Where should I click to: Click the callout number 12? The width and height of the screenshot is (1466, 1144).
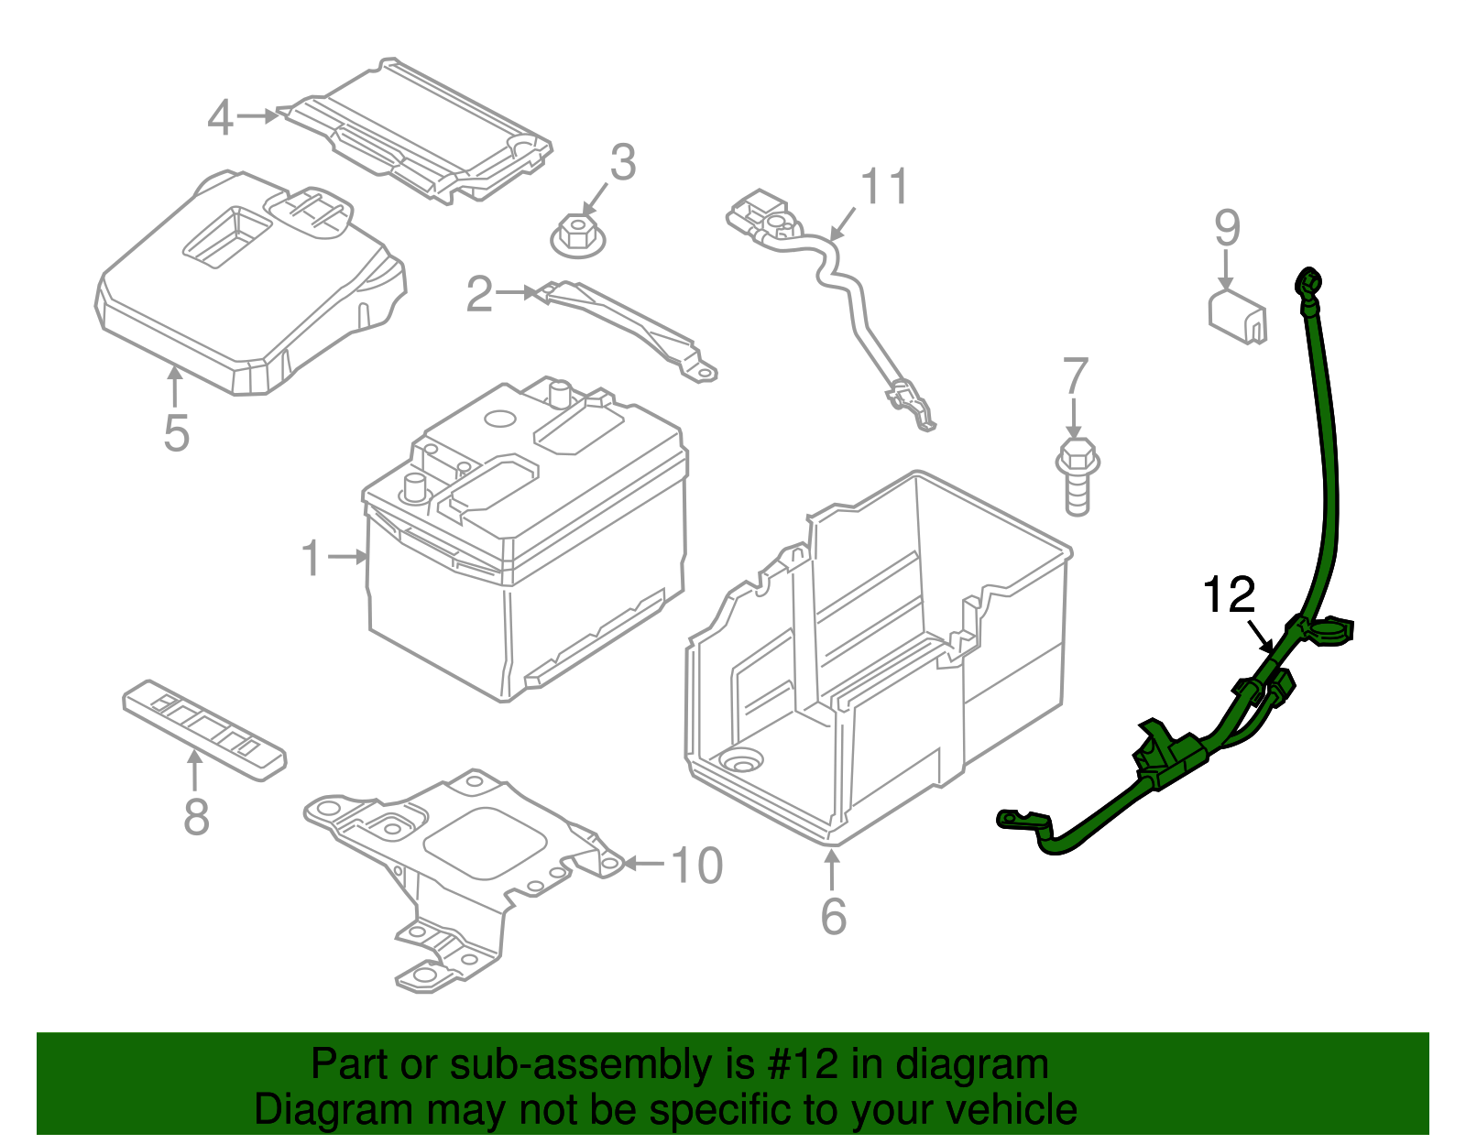coord(1228,596)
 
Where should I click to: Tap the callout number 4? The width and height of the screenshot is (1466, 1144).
coord(219,118)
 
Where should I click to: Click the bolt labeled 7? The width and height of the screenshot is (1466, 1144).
coord(1078,475)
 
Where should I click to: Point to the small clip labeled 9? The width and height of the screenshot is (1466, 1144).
coord(1238,317)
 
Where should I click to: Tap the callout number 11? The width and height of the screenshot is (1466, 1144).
coord(884,187)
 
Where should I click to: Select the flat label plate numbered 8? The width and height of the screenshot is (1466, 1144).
coord(204,729)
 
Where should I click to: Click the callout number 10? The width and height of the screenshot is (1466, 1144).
coord(697,866)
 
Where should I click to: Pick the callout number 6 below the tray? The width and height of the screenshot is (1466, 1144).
coord(833,916)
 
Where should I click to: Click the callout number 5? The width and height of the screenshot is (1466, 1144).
coord(176,433)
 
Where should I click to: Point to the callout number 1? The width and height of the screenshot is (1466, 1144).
coord(312,558)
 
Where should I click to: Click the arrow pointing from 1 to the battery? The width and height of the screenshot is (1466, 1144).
coord(348,556)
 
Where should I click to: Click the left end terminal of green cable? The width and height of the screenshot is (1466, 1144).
coord(1012,818)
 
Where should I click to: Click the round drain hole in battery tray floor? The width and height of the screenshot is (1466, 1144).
coord(741,759)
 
